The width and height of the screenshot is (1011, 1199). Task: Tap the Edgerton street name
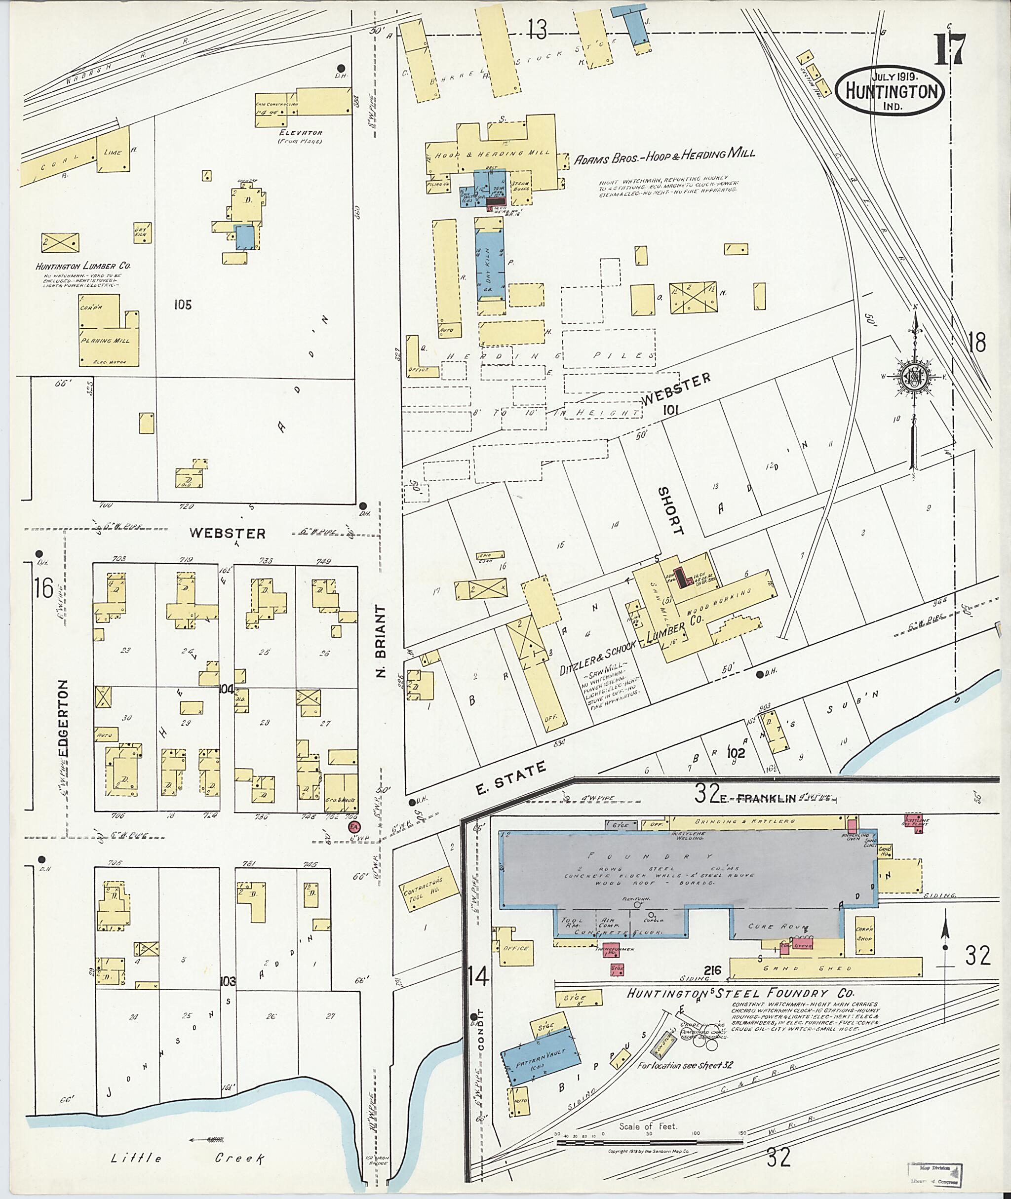tap(64, 719)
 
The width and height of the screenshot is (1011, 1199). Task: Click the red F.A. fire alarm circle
tap(353, 826)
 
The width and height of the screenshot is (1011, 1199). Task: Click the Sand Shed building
tap(825, 967)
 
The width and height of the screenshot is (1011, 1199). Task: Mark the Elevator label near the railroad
tap(300, 132)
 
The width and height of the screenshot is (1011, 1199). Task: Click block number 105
tap(182, 305)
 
